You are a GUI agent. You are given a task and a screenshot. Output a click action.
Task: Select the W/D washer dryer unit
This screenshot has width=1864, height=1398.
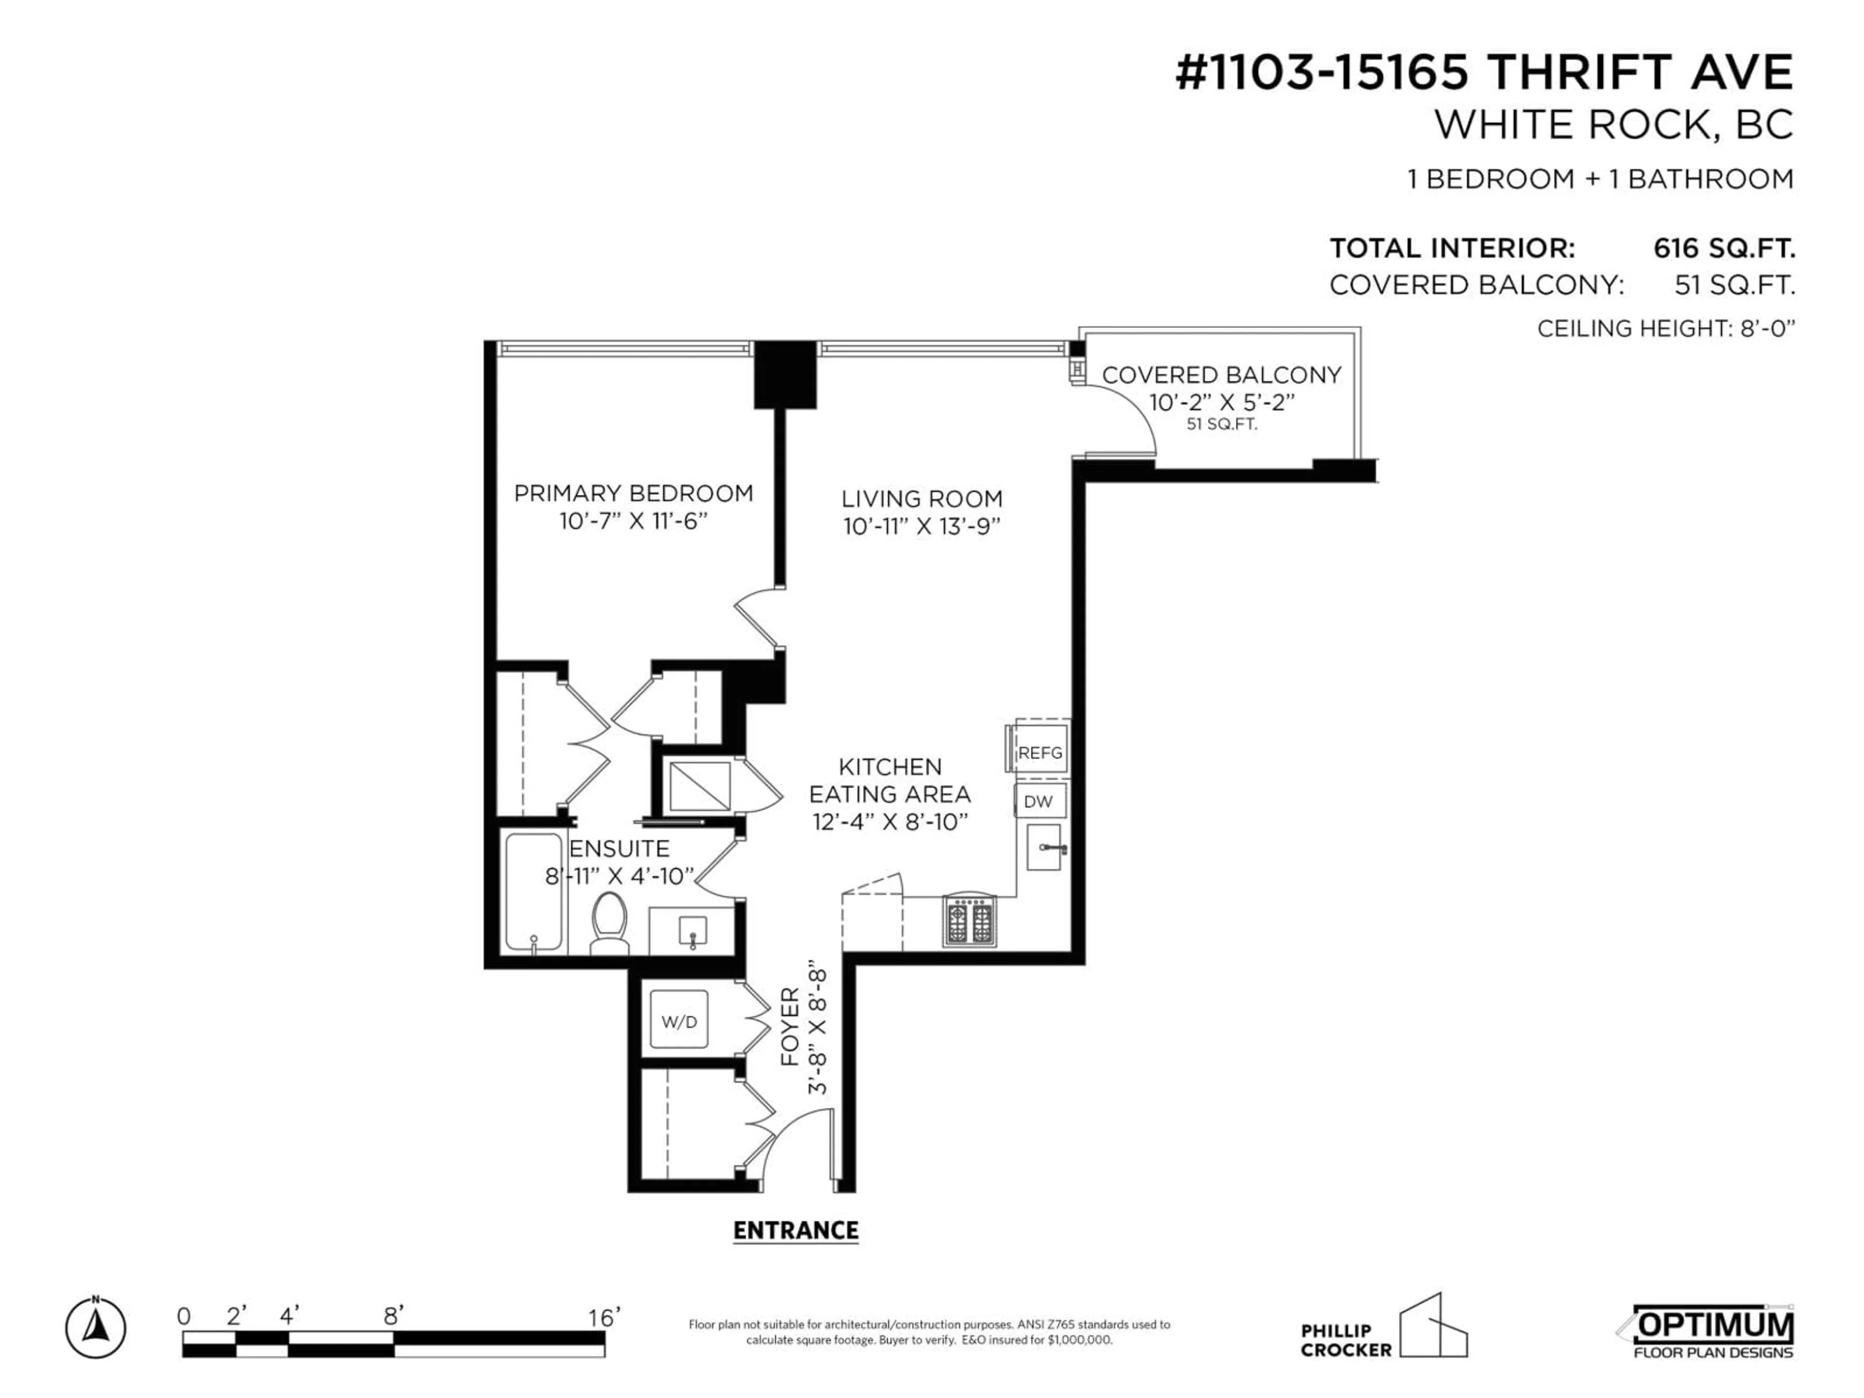tap(679, 1021)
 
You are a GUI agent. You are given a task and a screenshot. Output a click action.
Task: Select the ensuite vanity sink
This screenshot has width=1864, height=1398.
tap(693, 931)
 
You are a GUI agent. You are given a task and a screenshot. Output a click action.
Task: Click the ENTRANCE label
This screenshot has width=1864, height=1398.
tap(796, 1231)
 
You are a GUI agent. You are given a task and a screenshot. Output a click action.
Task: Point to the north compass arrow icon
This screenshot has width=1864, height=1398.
tap(96, 1329)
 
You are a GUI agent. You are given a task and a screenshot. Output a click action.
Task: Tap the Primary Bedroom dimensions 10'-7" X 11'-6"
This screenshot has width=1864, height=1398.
tap(633, 522)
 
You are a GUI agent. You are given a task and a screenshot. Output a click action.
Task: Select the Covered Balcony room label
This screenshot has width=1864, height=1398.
tap(1221, 375)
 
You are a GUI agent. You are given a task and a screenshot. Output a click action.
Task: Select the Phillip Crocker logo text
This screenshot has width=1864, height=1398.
tap(1346, 1340)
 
